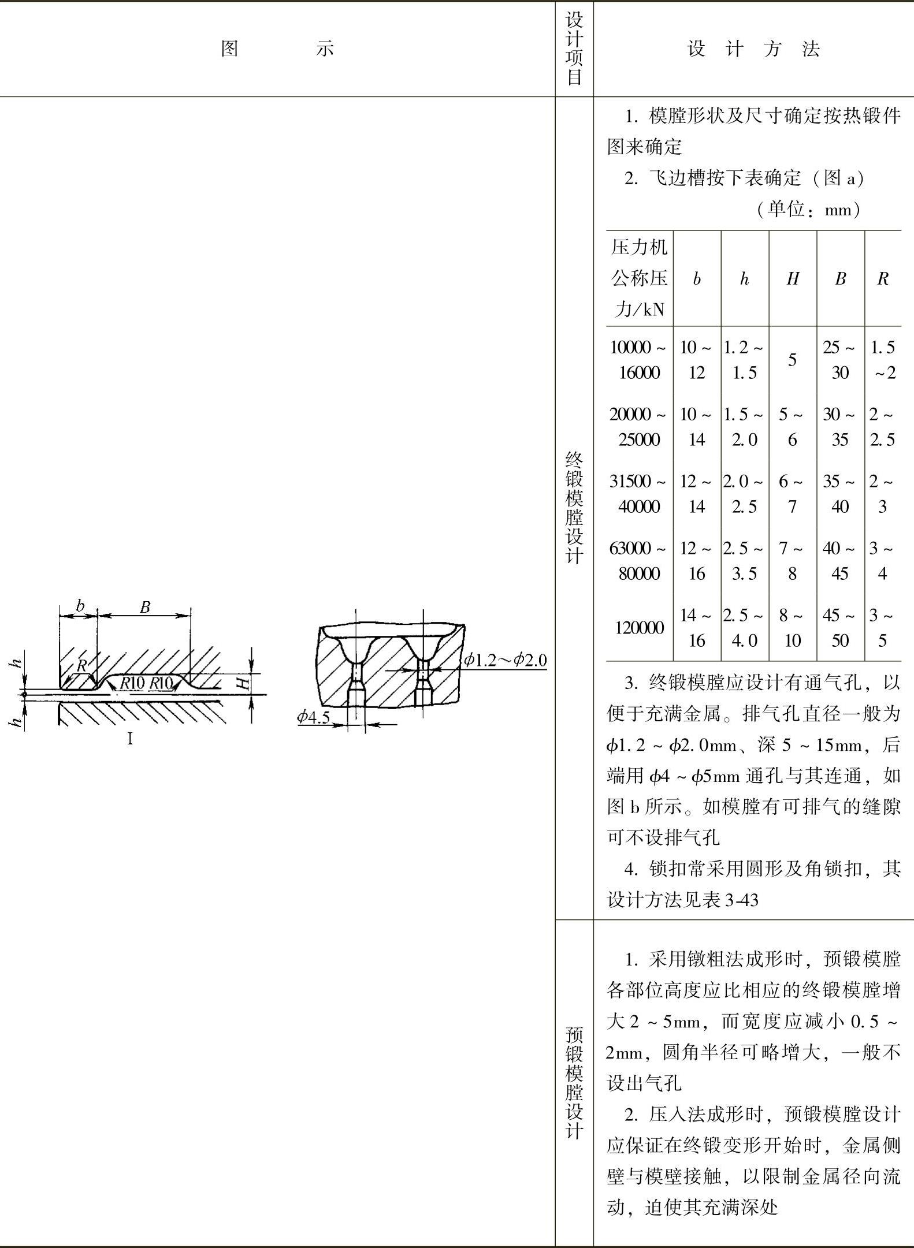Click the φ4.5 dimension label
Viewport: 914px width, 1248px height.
point(313,717)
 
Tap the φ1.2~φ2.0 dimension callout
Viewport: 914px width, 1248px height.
point(505,660)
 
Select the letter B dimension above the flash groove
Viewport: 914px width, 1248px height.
point(145,607)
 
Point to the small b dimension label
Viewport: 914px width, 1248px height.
point(80,606)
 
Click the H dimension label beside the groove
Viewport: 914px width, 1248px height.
point(245,684)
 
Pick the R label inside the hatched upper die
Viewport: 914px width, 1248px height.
point(82,665)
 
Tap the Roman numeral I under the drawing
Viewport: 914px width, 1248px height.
point(130,739)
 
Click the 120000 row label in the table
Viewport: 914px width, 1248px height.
point(639,628)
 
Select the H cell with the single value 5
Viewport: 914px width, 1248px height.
point(792,360)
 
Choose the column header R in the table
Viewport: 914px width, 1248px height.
point(882,279)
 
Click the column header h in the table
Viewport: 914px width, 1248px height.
point(744,280)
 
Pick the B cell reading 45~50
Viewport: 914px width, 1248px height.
point(839,628)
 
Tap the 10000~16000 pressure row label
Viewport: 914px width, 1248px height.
point(638,360)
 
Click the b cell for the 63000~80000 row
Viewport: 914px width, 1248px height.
point(697,561)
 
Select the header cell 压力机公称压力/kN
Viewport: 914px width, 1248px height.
point(639,279)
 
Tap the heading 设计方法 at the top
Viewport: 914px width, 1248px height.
point(753,49)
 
